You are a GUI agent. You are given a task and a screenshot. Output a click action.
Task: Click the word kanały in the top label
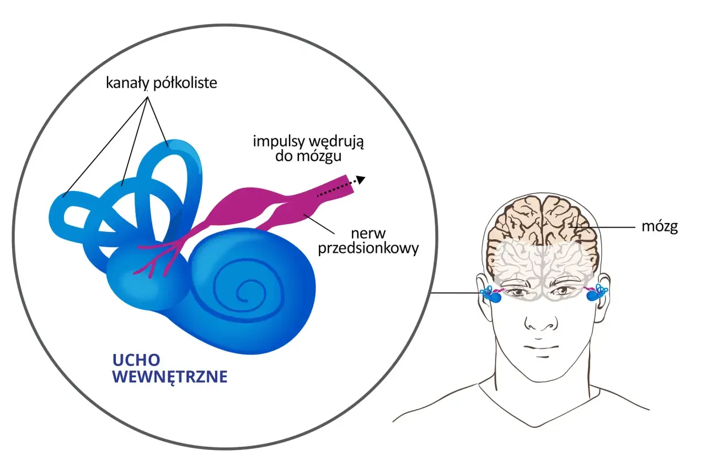(127, 83)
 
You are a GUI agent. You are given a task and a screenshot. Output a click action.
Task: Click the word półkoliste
(185, 83)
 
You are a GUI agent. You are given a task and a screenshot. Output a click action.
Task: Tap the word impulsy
(278, 142)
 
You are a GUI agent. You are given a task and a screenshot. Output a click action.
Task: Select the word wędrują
(336, 142)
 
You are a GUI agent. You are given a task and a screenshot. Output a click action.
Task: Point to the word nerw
(368, 234)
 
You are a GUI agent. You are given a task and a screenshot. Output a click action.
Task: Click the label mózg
(660, 227)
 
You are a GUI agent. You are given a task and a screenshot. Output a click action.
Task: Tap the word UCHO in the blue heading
(136, 360)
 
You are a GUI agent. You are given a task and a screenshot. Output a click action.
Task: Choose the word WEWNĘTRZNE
(170, 377)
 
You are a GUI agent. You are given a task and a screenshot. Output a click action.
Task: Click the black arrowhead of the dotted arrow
(361, 180)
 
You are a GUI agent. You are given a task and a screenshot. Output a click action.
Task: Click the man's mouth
(542, 347)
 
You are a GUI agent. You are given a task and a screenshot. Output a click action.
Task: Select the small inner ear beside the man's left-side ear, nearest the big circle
(491, 294)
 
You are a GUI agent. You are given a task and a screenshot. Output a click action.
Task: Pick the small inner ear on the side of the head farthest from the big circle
(596, 293)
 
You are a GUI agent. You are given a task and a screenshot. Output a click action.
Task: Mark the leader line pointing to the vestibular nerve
(319, 224)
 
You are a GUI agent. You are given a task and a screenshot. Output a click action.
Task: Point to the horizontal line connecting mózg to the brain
(602, 227)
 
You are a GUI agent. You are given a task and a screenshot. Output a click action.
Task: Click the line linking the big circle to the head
(456, 293)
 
